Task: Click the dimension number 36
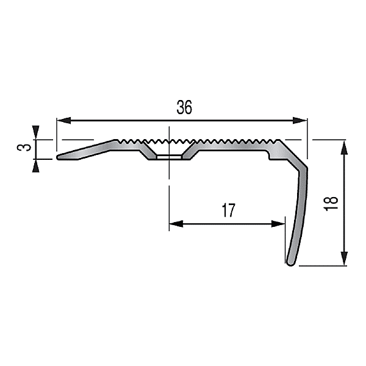tap(184, 108)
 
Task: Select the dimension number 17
tap(228, 211)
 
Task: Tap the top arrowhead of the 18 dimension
tap(345, 145)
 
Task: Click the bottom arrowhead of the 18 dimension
tap(345, 261)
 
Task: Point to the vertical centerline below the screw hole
tap(168, 195)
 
